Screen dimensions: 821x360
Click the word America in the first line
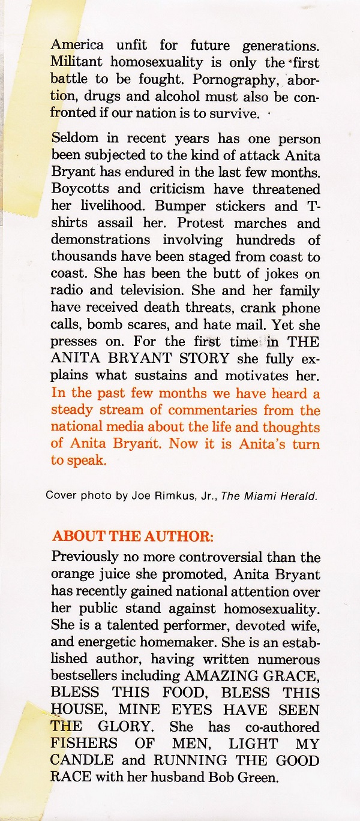coord(77,44)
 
